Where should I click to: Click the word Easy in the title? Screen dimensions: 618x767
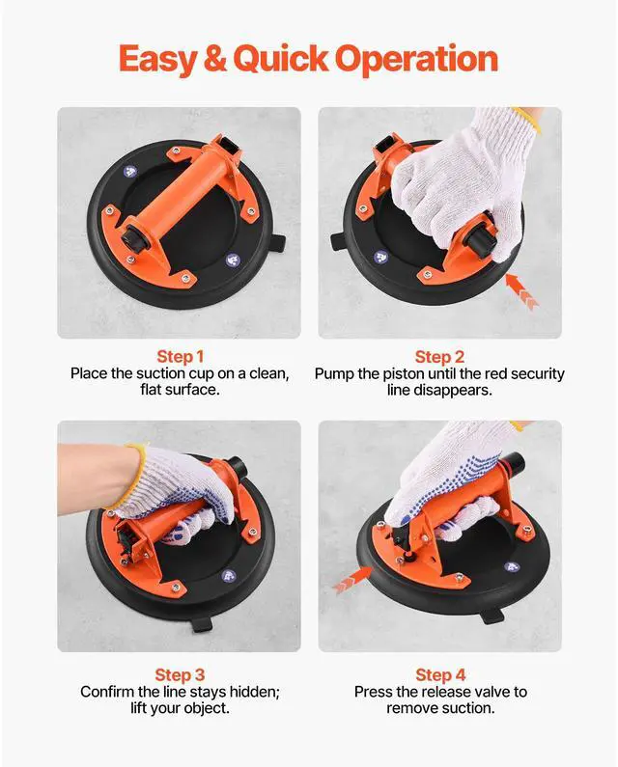tap(157, 60)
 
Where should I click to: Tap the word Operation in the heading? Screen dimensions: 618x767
tap(416, 60)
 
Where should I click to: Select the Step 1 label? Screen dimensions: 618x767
tap(180, 357)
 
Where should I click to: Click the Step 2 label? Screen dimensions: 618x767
tap(439, 357)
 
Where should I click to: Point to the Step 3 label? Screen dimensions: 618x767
tap(180, 675)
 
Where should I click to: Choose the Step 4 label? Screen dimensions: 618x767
tap(440, 675)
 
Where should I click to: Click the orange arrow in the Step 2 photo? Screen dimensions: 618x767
tap(521, 291)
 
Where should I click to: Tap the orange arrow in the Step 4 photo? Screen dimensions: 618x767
tap(351, 579)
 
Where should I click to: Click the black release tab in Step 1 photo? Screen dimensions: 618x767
tap(276, 243)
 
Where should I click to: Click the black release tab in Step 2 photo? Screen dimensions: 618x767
tap(339, 241)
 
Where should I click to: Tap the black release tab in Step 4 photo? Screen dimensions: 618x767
tap(491, 615)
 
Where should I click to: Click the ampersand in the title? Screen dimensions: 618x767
tap(215, 58)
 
